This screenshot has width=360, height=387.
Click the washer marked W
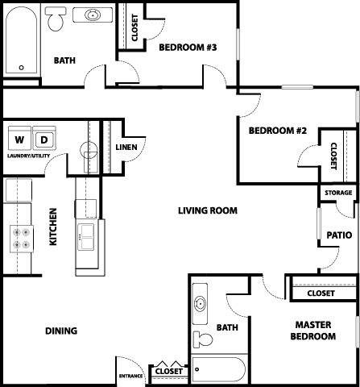pos(19,138)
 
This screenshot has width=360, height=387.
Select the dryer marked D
pos(44,138)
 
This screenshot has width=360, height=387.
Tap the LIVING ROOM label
pos(208,210)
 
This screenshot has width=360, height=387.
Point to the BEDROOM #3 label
pos(188,48)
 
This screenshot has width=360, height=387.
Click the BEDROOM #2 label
pos(278,131)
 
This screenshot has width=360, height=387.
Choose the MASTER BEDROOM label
pos(313,331)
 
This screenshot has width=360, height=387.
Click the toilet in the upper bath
pos(56,19)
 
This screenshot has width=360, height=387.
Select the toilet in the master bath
pos(203,339)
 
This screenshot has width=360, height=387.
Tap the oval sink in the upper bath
pos(93,15)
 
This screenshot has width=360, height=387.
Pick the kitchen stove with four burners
pos(22,239)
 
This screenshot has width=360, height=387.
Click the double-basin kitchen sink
pos(86,237)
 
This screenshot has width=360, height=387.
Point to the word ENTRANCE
pos(130,376)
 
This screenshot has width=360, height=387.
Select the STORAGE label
pos(338,193)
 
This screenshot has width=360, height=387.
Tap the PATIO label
pos(339,235)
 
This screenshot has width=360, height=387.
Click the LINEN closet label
pos(126,148)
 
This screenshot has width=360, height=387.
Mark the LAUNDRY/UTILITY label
pos(28,156)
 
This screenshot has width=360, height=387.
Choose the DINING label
pos(61,331)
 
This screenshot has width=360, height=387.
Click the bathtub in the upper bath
pos(22,40)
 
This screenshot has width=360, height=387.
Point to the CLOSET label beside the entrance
pos(169,372)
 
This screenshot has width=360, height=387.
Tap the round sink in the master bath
pos(200,304)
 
